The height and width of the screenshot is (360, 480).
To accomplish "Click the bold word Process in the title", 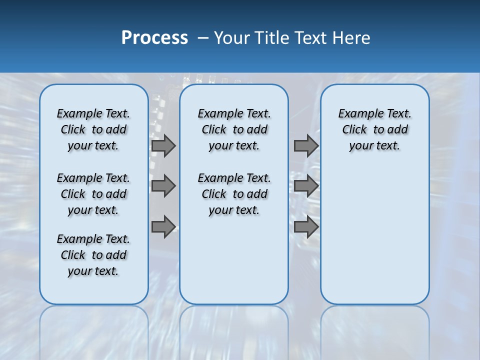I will click(154, 37).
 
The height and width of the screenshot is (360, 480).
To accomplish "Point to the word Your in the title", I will click(232, 38).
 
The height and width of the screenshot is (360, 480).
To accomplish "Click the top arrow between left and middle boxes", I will click(163, 145).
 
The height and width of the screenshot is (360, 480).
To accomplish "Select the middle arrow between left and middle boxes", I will click(163, 186).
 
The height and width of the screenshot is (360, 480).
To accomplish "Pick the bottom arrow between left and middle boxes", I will click(163, 227).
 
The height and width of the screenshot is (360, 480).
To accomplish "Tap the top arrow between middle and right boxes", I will click(306, 145).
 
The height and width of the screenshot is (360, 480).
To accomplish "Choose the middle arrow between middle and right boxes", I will click(306, 186).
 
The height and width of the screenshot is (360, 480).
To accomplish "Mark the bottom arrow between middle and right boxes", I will click(306, 227).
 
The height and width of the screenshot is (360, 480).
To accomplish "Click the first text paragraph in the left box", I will click(93, 129).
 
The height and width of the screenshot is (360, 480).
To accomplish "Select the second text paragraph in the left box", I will click(93, 194).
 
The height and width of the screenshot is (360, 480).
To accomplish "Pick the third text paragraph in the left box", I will click(93, 255).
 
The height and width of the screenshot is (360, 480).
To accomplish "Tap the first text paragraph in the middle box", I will click(234, 129).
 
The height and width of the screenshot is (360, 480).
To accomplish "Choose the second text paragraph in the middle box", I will click(234, 194).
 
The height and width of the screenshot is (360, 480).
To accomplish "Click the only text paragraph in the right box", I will click(374, 129).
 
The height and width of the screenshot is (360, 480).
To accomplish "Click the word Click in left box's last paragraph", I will click(73, 255).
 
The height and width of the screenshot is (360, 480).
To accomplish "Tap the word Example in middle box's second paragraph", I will click(216, 178).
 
